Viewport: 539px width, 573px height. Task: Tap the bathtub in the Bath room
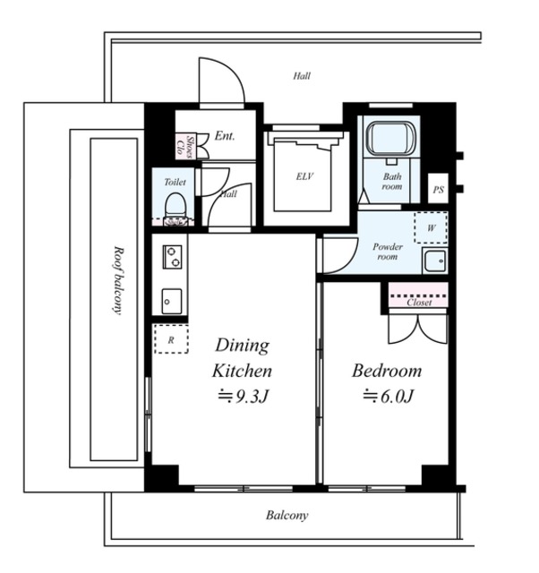(x=391, y=138)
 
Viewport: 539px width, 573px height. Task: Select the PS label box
(x=438, y=189)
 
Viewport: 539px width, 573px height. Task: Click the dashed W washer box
(x=431, y=227)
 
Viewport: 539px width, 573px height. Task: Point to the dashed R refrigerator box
(x=171, y=338)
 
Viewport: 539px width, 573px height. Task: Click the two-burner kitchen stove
(x=172, y=257)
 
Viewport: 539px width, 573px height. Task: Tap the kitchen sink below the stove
(x=172, y=301)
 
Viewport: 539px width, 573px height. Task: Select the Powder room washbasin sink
(x=434, y=261)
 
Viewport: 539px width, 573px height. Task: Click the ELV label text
(x=304, y=176)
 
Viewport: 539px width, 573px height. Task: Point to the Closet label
(x=419, y=303)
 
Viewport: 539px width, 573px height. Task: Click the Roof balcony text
(x=117, y=280)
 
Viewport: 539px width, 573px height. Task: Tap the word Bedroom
(x=387, y=371)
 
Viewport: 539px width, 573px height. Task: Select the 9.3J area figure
(x=244, y=397)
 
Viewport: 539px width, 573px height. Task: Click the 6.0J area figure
(x=388, y=396)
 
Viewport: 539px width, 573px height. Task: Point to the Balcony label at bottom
(x=287, y=516)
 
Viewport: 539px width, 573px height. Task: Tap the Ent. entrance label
(x=225, y=136)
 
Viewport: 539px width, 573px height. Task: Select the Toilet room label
(x=175, y=182)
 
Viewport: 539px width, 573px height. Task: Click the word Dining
(x=243, y=346)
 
